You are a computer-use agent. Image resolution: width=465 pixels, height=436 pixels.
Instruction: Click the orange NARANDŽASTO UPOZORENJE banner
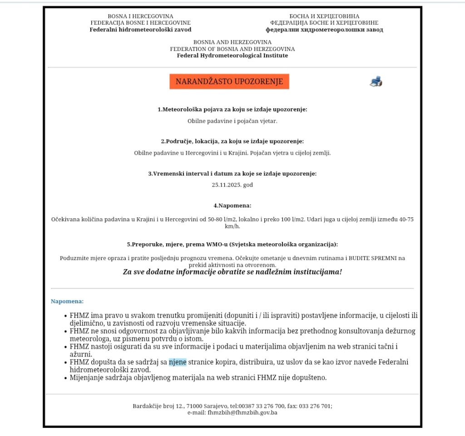coord(229,82)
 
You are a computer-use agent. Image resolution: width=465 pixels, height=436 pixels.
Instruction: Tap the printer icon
coord(376,82)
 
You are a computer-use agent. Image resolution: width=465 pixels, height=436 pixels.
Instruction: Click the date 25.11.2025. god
coord(232,185)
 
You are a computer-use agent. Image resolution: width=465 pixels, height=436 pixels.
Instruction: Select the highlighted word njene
coord(178,362)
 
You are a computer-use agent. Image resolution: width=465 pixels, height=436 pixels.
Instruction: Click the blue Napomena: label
coord(67,301)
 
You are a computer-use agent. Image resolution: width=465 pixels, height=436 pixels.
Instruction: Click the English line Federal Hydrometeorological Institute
coord(232,55)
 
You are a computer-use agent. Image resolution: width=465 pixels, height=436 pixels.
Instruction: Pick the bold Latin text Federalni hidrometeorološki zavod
coord(140,30)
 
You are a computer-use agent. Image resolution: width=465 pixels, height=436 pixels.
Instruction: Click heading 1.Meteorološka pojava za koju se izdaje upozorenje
coord(232,110)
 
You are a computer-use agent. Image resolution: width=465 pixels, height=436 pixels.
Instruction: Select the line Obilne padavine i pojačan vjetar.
coord(232,121)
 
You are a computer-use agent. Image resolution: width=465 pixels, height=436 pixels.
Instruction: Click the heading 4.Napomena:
coord(232,205)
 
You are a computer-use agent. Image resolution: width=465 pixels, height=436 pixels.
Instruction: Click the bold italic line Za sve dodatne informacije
coord(232,272)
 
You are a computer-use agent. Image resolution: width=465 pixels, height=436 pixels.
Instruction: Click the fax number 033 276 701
coord(315,406)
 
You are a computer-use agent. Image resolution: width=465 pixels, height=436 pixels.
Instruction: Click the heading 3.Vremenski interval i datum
coord(232,174)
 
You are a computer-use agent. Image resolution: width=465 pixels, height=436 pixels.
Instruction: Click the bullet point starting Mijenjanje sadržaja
coord(198,377)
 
